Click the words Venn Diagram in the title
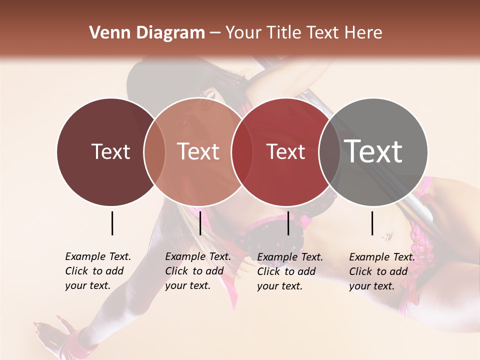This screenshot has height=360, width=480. pyautogui.click(x=146, y=33)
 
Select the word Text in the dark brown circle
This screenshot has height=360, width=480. pyautogui.click(x=110, y=151)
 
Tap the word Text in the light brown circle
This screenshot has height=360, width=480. pyautogui.click(x=198, y=151)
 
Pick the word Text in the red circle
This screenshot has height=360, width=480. pyautogui.click(x=285, y=151)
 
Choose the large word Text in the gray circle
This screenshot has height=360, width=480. pyautogui.click(x=373, y=151)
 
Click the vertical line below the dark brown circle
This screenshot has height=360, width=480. pyautogui.click(x=112, y=223)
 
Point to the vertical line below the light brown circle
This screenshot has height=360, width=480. pyautogui.click(x=200, y=223)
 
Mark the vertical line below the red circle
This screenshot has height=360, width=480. pyautogui.click(x=288, y=223)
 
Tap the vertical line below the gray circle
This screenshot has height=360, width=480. pyautogui.click(x=372, y=223)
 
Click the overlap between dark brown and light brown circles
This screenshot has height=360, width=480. pyautogui.click(x=154, y=152)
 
